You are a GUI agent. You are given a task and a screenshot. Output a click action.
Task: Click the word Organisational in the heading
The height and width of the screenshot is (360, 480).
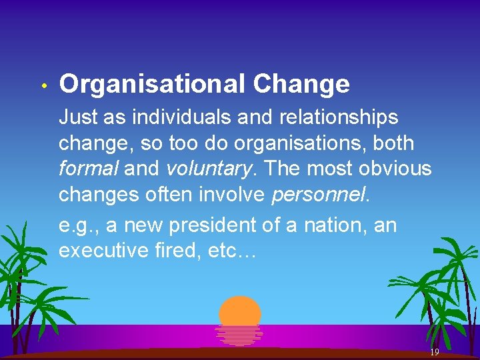pyautogui.click(x=152, y=85)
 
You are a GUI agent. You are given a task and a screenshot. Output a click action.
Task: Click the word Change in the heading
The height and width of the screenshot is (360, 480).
pyautogui.click(x=301, y=85)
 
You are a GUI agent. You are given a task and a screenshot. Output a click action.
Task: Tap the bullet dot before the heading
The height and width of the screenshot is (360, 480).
pyautogui.click(x=42, y=87)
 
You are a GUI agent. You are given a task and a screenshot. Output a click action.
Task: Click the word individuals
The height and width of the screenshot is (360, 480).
pyautogui.click(x=175, y=117)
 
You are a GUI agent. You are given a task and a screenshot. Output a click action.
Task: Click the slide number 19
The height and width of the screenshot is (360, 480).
pyautogui.click(x=434, y=352)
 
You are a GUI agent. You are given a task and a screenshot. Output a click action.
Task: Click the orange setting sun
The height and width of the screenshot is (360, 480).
pyautogui.click(x=240, y=311)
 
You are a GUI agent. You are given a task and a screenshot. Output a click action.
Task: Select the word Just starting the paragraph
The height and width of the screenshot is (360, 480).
pyautogui.click(x=79, y=118)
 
